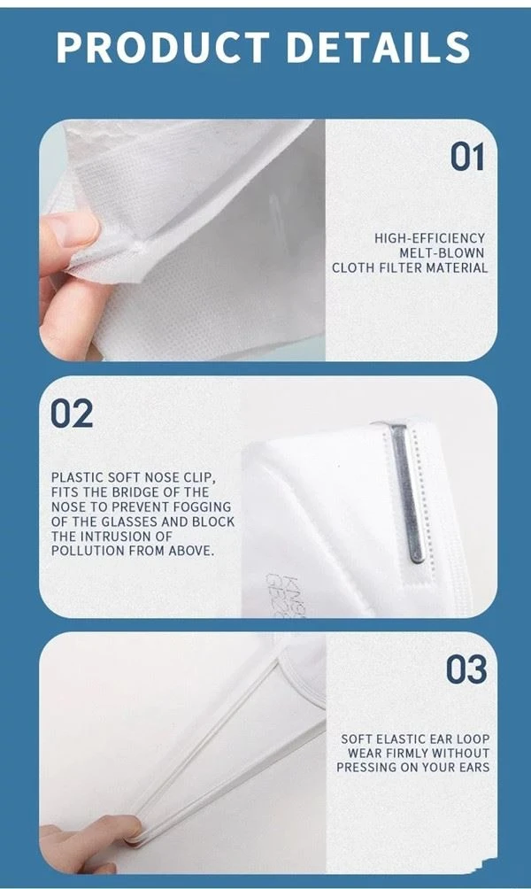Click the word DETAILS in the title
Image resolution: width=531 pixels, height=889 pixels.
(379, 47)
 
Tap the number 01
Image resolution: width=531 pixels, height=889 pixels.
(467, 157)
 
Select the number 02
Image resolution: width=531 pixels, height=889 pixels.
(72, 414)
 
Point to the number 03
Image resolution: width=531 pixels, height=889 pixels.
(466, 669)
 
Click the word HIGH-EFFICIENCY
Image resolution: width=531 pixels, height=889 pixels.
(429, 238)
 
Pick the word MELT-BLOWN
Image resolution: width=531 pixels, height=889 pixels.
(442, 253)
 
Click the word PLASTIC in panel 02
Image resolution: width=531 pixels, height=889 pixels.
(77, 477)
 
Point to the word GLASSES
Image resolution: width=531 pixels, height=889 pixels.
(130, 521)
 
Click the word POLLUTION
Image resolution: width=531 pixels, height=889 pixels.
(86, 551)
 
